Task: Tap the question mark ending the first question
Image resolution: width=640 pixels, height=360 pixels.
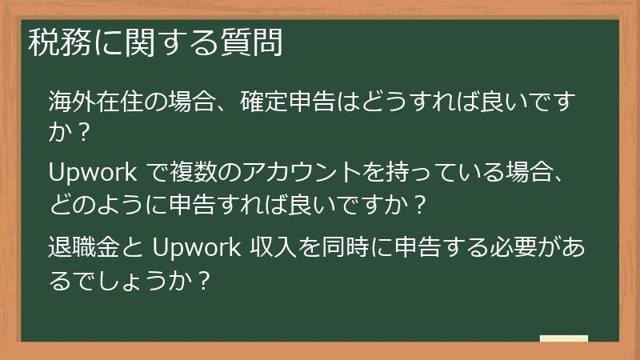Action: point(80,132)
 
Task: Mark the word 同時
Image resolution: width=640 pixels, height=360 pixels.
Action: point(353,244)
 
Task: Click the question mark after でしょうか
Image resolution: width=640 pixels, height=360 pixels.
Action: point(203,280)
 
